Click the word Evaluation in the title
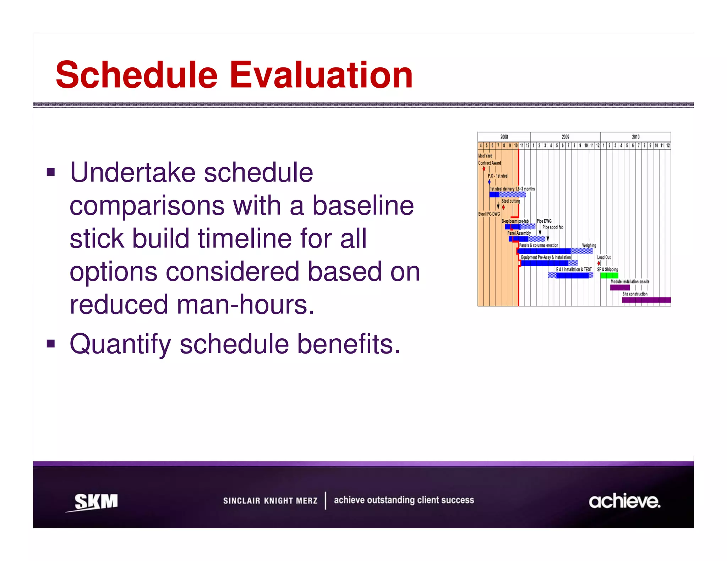click(321, 75)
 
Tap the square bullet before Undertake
click(51, 173)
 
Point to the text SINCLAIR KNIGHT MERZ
click(270, 501)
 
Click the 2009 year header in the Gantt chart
click(565, 137)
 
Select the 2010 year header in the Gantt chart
click(635, 137)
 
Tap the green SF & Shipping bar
click(609, 276)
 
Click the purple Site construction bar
click(646, 300)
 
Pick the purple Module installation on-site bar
click(620, 288)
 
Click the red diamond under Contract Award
click(484, 169)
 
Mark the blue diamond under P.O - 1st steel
click(489, 182)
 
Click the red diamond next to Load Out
click(599, 263)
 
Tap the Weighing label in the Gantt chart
click(589, 245)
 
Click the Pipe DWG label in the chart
click(544, 221)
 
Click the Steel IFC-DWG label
click(489, 214)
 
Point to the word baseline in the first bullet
click(363, 206)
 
